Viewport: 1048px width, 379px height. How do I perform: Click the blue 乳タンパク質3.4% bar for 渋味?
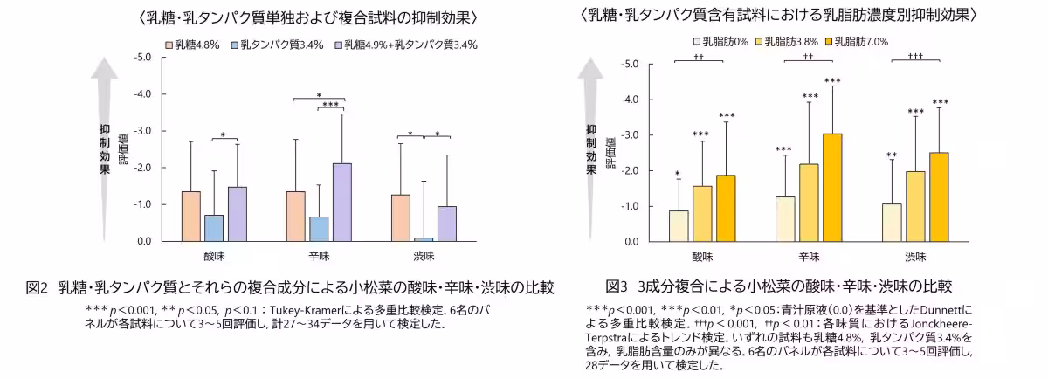pos(424,238)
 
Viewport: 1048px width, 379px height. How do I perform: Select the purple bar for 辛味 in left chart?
pos(342,202)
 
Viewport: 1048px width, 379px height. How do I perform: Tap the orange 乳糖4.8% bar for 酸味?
pos(191,216)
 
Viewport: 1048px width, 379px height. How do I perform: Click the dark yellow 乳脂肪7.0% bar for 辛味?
pos(833,187)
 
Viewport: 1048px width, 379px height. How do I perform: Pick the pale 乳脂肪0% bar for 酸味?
pos(679,225)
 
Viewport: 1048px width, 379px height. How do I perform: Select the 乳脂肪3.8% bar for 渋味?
pos(915,206)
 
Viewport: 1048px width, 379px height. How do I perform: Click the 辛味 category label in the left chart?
pos(319,257)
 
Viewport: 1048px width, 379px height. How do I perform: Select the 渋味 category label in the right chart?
pos(915,257)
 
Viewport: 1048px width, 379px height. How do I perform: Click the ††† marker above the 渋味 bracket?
pos(915,55)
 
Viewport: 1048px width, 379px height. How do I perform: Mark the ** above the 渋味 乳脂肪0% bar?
pos(892,155)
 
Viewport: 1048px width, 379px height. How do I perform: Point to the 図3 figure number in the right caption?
pos(617,286)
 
